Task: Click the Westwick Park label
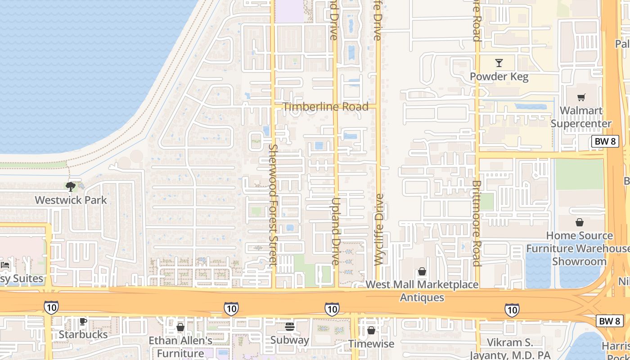point(71,200)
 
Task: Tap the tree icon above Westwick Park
point(70,186)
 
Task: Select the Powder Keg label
point(499,76)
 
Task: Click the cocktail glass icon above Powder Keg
point(499,63)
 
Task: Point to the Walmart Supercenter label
point(581,117)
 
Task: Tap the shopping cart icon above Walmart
point(581,97)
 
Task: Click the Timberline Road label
point(326,107)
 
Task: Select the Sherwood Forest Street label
point(272,204)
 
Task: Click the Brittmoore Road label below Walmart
point(477,223)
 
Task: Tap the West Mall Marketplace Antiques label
point(422,291)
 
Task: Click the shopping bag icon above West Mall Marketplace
point(422,271)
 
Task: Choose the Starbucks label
point(83,334)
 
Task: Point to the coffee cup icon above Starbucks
point(83,321)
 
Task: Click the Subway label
point(290,340)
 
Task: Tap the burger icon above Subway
point(290,327)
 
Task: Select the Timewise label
point(371,344)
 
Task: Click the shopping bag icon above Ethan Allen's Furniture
point(180,327)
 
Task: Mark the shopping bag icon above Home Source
point(580,222)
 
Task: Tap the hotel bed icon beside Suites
point(5,265)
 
